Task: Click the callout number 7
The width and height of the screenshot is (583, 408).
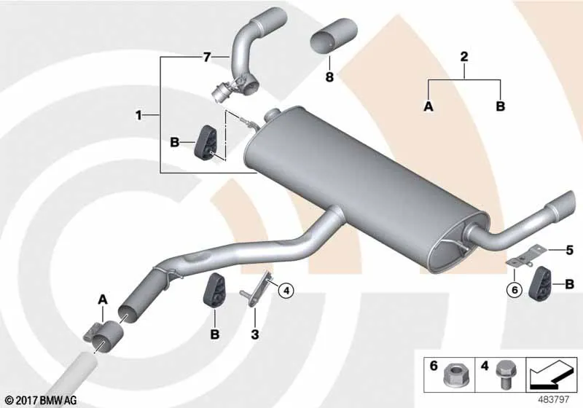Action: point(207,58)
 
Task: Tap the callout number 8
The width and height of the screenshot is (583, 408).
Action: point(329,77)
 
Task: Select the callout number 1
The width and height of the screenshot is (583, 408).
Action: point(138,116)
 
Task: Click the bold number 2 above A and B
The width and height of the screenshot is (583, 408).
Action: point(464,57)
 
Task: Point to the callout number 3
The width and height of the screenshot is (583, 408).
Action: point(254,334)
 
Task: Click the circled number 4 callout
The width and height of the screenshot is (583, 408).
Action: point(286,291)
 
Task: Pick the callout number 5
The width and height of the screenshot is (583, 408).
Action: point(570,250)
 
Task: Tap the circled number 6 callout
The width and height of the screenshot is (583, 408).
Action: point(514,289)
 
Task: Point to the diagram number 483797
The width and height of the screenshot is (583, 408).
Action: point(554,400)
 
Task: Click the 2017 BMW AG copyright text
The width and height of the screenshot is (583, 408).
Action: point(42,400)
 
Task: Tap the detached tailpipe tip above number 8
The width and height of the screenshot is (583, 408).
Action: point(334,36)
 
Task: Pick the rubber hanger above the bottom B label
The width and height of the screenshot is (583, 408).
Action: point(214,291)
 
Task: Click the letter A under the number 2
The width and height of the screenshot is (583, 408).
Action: point(429,106)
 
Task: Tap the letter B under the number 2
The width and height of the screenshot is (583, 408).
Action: point(501,106)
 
